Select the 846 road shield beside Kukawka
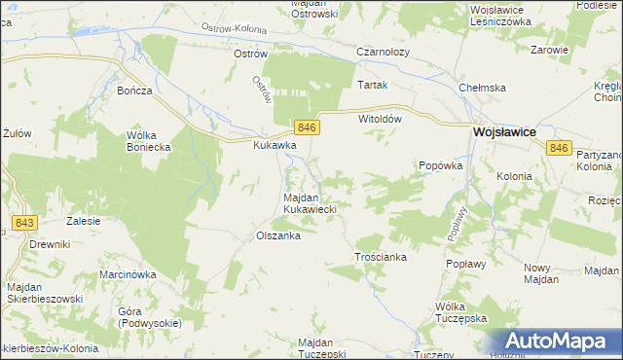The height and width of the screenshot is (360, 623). click(x=306, y=128)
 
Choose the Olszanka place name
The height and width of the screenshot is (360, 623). click(x=276, y=235)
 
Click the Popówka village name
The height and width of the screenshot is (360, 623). click(x=439, y=165)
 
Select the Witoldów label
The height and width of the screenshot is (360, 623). click(x=381, y=118)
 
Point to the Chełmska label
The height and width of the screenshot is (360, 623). click(x=483, y=88)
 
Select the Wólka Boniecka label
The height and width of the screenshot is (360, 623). click(x=149, y=141)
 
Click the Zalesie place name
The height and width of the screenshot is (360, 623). click(x=84, y=221)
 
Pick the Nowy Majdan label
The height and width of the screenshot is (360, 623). click(x=540, y=273)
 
